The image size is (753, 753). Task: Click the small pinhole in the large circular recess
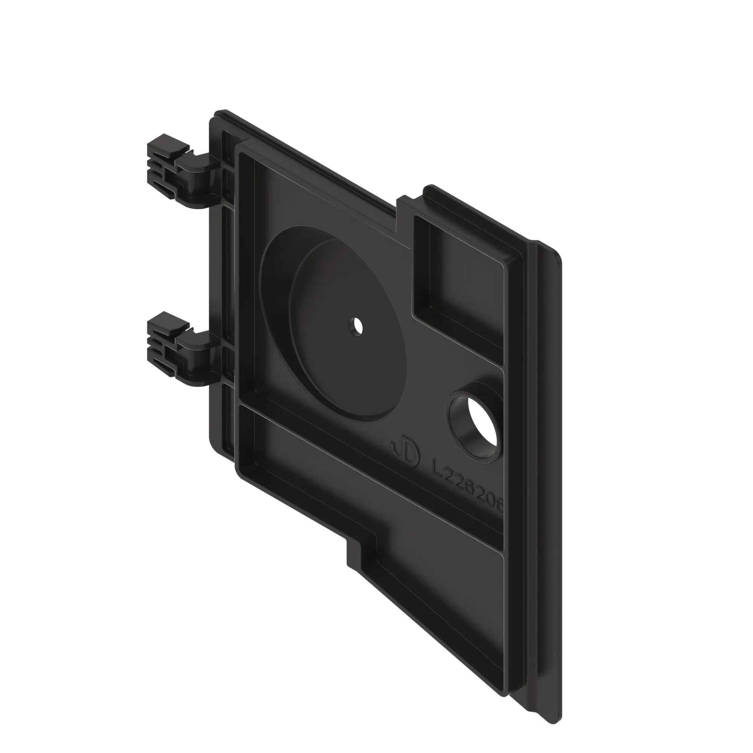[x=356, y=326]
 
